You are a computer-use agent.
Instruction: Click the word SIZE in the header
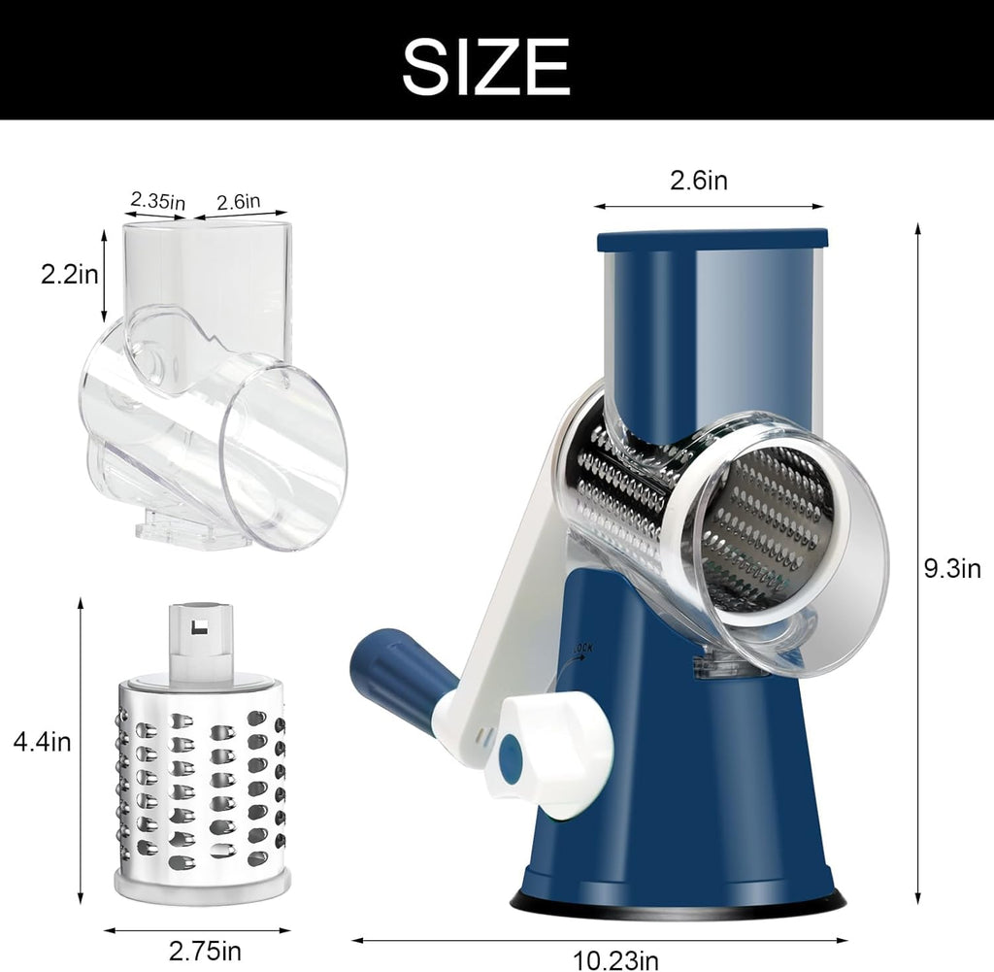485,66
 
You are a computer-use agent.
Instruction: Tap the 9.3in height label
952,568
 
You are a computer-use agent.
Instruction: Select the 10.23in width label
614,959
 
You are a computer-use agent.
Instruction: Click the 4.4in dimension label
42,742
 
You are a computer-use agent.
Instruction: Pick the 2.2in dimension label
69,275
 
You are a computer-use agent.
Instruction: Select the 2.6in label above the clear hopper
239,201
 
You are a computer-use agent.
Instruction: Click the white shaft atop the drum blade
201,641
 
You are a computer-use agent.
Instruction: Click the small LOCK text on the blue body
581,646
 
